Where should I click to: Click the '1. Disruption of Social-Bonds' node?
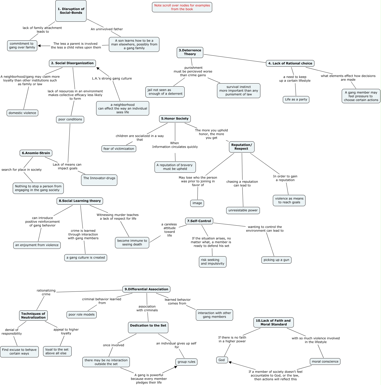click(x=71, y=11)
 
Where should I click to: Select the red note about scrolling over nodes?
click(x=182, y=7)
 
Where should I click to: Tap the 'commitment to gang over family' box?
click(x=22, y=46)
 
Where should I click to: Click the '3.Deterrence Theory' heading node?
click(x=190, y=52)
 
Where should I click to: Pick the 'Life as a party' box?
click(x=296, y=100)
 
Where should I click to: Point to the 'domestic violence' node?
click(x=22, y=113)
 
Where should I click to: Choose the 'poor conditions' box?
click(x=70, y=120)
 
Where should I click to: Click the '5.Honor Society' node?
click(x=175, y=119)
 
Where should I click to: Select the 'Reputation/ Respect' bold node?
click(x=242, y=147)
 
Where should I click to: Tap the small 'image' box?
click(x=197, y=203)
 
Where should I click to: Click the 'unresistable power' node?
click(x=243, y=211)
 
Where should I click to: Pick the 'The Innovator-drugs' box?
click(x=99, y=180)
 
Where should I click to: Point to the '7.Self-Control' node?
click(x=199, y=221)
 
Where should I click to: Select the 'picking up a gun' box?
click(x=276, y=260)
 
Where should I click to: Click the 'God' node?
click(x=222, y=360)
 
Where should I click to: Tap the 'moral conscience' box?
click(x=325, y=362)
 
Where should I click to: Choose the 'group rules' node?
click(x=186, y=362)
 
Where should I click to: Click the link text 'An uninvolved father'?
click(x=107, y=29)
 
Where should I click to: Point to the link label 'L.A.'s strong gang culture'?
click(x=112, y=79)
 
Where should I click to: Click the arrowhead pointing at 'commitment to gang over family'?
click(x=40, y=46)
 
